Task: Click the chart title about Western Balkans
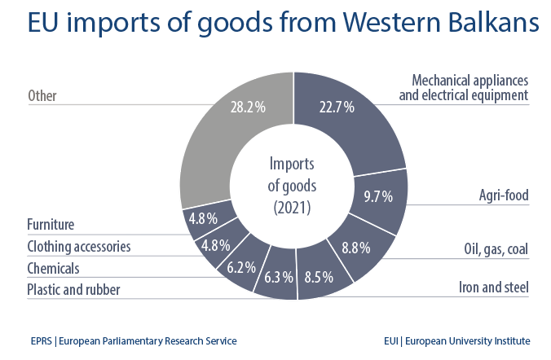(275, 24)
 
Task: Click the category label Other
(42, 96)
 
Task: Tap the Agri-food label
(504, 195)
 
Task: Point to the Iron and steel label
(492, 287)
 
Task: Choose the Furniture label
(51, 224)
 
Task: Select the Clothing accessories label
(78, 246)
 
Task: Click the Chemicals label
(53, 267)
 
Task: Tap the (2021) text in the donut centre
(291, 208)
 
